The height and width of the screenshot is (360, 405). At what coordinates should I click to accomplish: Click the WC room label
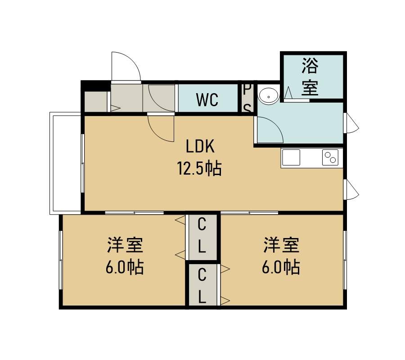[x=207, y=99]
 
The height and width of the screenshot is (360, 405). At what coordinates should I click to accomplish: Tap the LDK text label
[x=200, y=146]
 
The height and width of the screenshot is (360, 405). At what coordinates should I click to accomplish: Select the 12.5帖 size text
[x=199, y=168]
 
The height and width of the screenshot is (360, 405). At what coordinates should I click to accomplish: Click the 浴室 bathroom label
[x=310, y=76]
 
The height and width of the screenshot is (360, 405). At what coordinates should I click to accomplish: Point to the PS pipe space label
[x=247, y=99]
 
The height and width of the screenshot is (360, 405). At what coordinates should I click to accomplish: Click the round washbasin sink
[x=269, y=96]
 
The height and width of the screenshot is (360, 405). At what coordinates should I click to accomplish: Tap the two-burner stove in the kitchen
[x=330, y=157]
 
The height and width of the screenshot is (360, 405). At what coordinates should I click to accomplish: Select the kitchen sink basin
[x=291, y=157]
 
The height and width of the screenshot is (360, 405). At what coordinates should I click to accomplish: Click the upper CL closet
[x=202, y=237]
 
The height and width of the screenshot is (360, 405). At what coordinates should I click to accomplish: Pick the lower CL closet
[x=202, y=285]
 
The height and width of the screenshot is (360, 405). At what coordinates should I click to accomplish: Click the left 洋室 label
[x=125, y=245]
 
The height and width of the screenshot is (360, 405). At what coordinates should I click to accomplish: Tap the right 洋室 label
[x=281, y=245]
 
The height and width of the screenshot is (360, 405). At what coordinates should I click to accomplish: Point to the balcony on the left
[x=65, y=163]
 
